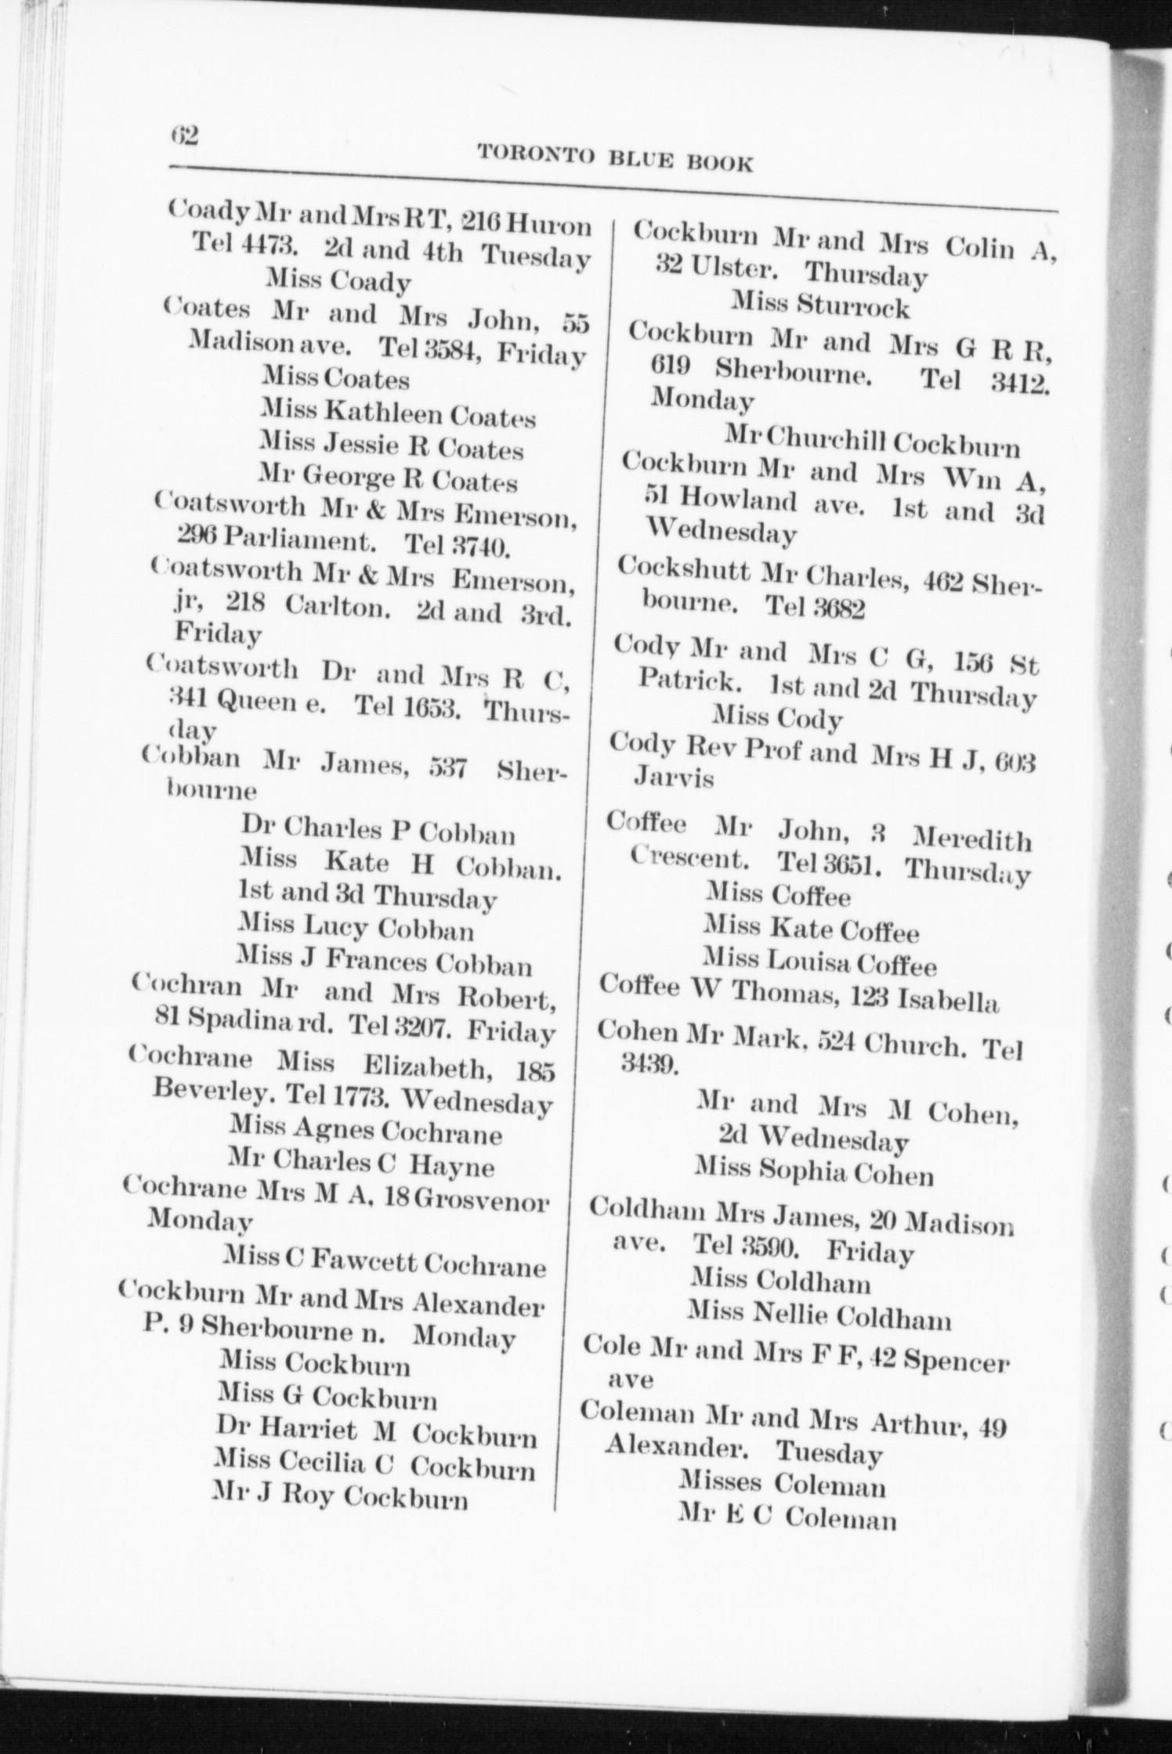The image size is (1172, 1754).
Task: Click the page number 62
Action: pyautogui.click(x=185, y=135)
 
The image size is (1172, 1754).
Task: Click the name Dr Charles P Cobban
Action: pyautogui.click(x=378, y=829)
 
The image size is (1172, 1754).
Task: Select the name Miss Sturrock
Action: pyautogui.click(x=820, y=305)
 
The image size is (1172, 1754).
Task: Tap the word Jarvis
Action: pyautogui.click(x=673, y=779)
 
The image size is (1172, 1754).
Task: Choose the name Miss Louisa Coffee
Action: pyautogui.click(x=819, y=961)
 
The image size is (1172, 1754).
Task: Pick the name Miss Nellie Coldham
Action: pyautogui.click(x=819, y=1318)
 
